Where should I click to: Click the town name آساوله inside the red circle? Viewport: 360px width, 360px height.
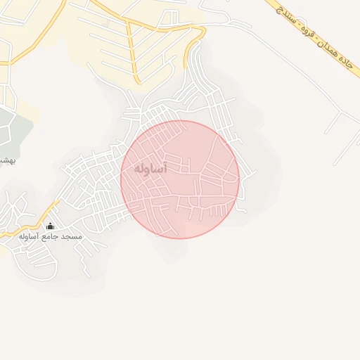pos(150,169)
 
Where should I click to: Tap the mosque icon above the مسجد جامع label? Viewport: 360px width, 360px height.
pos(50,226)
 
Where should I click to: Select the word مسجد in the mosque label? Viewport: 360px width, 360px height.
pos(72,237)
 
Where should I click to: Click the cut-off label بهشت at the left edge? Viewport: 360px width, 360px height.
pos(6,160)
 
